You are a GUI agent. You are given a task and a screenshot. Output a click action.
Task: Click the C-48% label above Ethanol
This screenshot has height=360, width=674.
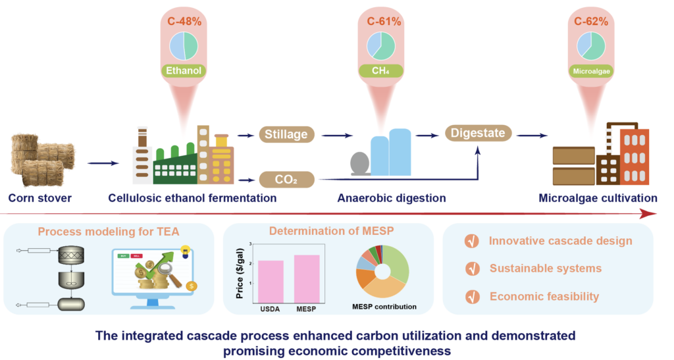[x=184, y=21]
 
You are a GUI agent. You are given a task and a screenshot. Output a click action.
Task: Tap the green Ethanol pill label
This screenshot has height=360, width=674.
[x=184, y=70]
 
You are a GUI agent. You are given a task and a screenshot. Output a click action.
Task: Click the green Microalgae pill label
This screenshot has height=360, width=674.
[x=590, y=70]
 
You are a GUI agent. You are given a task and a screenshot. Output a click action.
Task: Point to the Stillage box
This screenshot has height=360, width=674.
[x=286, y=135]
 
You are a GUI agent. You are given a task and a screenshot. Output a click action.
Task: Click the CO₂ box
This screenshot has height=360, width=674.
[x=286, y=178]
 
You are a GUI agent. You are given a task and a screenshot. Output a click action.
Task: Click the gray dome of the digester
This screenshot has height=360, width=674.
[x=359, y=164]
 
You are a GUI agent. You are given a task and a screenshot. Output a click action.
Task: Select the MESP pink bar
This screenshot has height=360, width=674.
[x=307, y=276]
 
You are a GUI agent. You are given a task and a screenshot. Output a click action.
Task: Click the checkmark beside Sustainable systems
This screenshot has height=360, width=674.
[x=472, y=269]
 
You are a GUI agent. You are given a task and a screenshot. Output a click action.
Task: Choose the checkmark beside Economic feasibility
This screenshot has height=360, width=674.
[x=472, y=296]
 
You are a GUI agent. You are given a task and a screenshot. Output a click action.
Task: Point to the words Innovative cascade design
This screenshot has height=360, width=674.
[x=560, y=240]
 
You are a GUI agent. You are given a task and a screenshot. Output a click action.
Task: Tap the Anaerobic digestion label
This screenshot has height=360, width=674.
[x=392, y=198]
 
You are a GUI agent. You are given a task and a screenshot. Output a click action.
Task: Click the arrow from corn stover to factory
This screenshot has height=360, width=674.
[x=103, y=163]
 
